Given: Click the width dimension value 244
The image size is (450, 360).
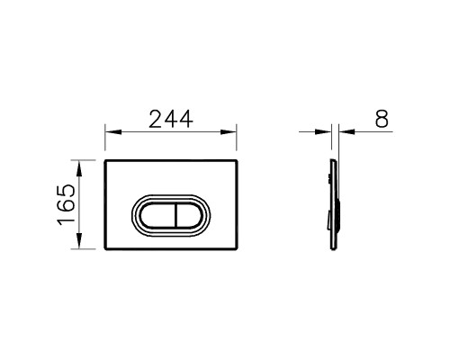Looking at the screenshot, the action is tap(171, 119).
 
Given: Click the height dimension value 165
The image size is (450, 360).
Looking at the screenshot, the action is tap(66, 204).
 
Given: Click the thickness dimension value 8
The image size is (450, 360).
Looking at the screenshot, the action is tap(382, 119).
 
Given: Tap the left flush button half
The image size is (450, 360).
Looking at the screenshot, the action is tap(157, 215).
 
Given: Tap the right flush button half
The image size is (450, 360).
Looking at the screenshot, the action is tap(189, 215).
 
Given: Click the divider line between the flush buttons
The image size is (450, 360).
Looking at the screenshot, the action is tap(175, 215).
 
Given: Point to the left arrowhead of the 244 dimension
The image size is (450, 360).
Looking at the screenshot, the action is tap(113, 132).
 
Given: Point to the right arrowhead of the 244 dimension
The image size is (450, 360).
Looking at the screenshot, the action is tap(229, 132).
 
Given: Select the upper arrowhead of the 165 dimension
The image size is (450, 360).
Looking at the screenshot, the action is tap(79, 168).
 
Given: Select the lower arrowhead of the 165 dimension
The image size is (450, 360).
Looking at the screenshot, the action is tap(79, 240).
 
